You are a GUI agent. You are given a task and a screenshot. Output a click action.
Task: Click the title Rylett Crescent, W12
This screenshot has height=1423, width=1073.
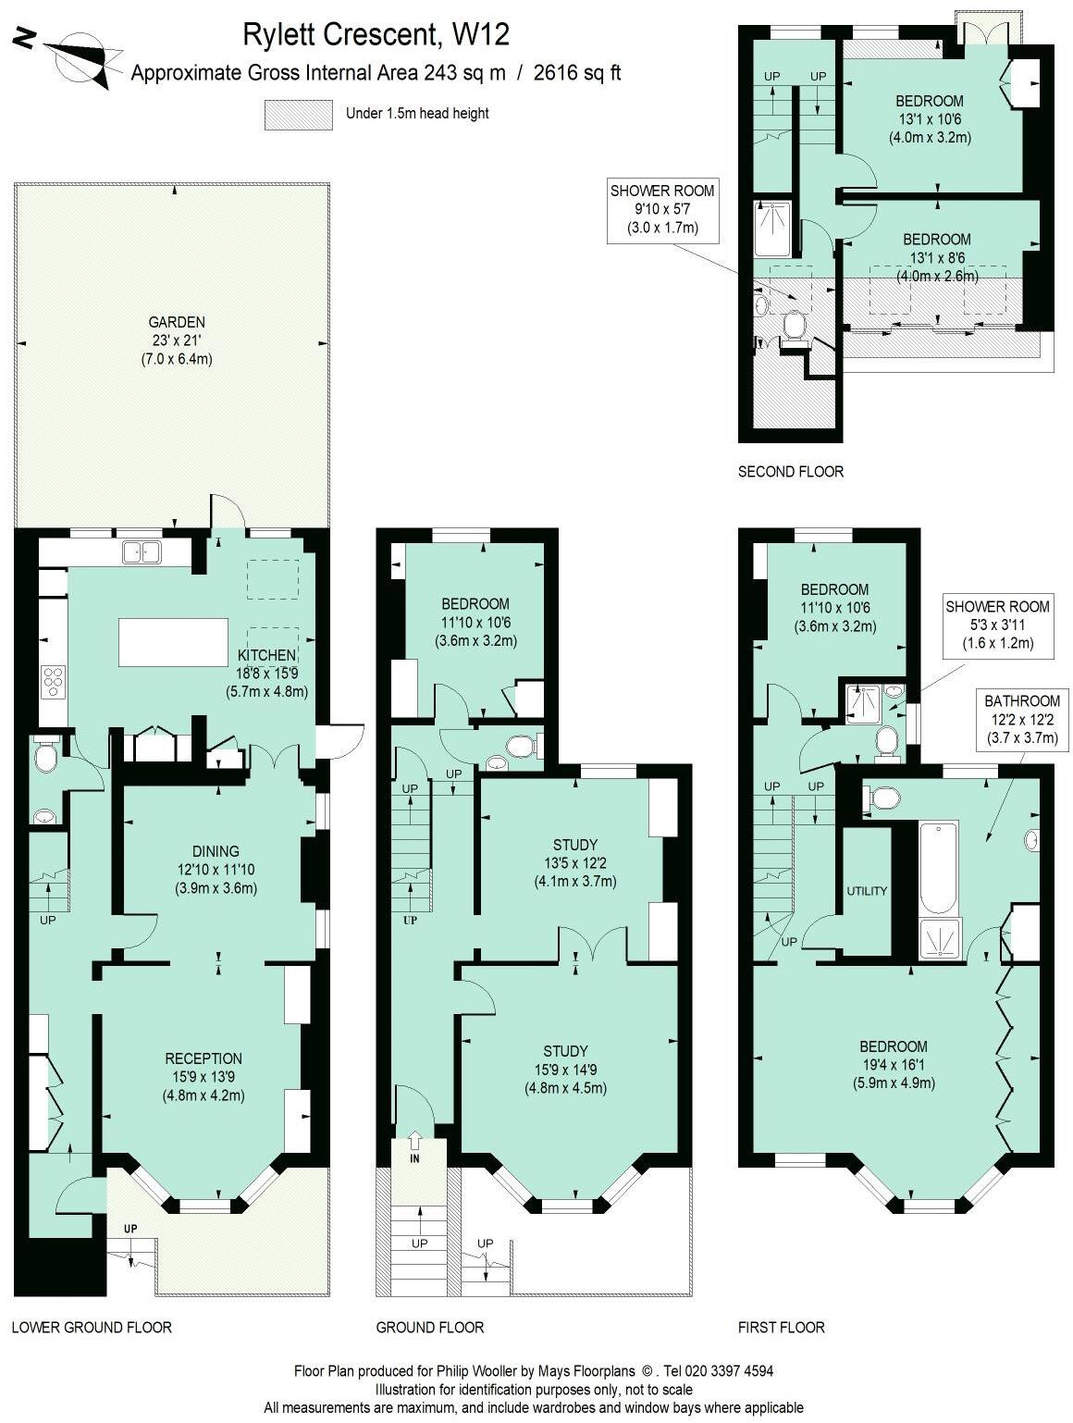pos(376,35)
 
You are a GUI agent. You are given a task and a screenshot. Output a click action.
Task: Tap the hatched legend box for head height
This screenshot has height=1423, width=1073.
pos(298,115)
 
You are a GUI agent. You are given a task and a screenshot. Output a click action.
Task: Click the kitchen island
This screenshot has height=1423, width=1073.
pos(173,642)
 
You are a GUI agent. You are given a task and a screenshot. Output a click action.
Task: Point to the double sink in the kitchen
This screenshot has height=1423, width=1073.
pos(142,552)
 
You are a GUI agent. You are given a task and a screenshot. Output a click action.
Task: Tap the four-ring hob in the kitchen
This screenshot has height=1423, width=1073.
pos(54,680)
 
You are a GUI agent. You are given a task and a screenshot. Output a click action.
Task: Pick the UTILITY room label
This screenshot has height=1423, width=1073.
pos(867,891)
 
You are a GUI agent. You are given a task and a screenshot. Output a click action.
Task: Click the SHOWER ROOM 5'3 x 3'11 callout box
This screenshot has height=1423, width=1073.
pos(997,625)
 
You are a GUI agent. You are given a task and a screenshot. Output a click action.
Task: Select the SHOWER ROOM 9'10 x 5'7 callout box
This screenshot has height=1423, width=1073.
pos(662,209)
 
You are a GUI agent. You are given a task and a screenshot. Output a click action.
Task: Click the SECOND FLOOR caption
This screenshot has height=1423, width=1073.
pos(790,472)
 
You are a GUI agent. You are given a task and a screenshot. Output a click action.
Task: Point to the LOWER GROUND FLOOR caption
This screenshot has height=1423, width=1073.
pos(92,1328)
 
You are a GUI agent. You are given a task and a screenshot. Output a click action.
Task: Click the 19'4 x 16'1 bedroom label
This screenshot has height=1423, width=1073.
pos(894,1064)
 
